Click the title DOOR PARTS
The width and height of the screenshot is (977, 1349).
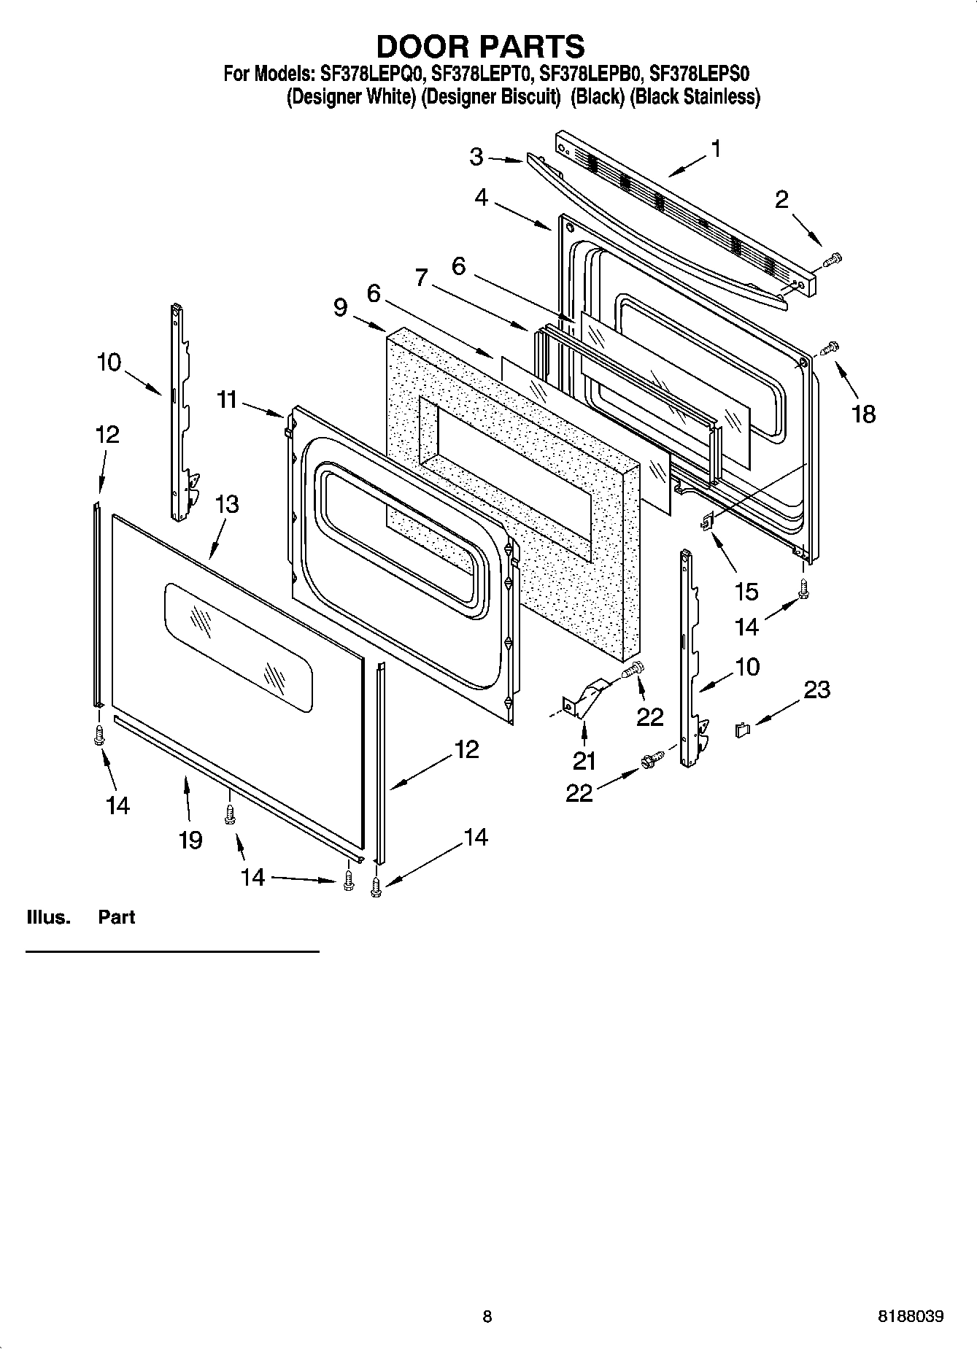point(480,46)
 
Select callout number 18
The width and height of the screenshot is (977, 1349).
point(863,414)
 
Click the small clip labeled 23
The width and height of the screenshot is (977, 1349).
point(742,729)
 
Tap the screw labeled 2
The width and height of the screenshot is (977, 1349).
point(833,259)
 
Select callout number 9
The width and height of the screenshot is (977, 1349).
point(340,307)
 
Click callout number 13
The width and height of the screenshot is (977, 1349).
point(227,504)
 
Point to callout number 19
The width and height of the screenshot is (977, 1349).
point(190,840)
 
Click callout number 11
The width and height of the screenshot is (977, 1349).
point(227,399)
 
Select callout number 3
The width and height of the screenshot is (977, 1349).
point(476,156)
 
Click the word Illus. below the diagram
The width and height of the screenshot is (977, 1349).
point(48,917)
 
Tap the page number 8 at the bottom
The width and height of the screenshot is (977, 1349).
point(487,1317)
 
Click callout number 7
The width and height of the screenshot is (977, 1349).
point(421,277)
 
